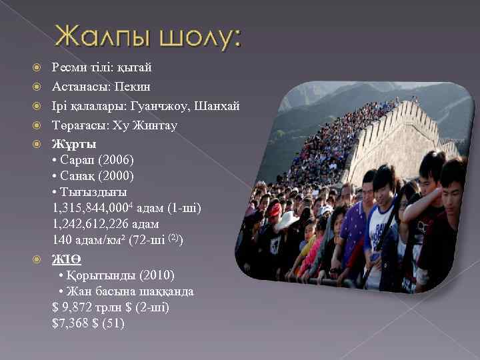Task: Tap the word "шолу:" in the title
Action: click(x=198, y=39)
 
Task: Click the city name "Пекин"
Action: click(x=132, y=87)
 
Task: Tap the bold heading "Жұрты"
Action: click(x=73, y=144)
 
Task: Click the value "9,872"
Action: click(x=76, y=307)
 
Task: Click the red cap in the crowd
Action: click(x=275, y=210)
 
